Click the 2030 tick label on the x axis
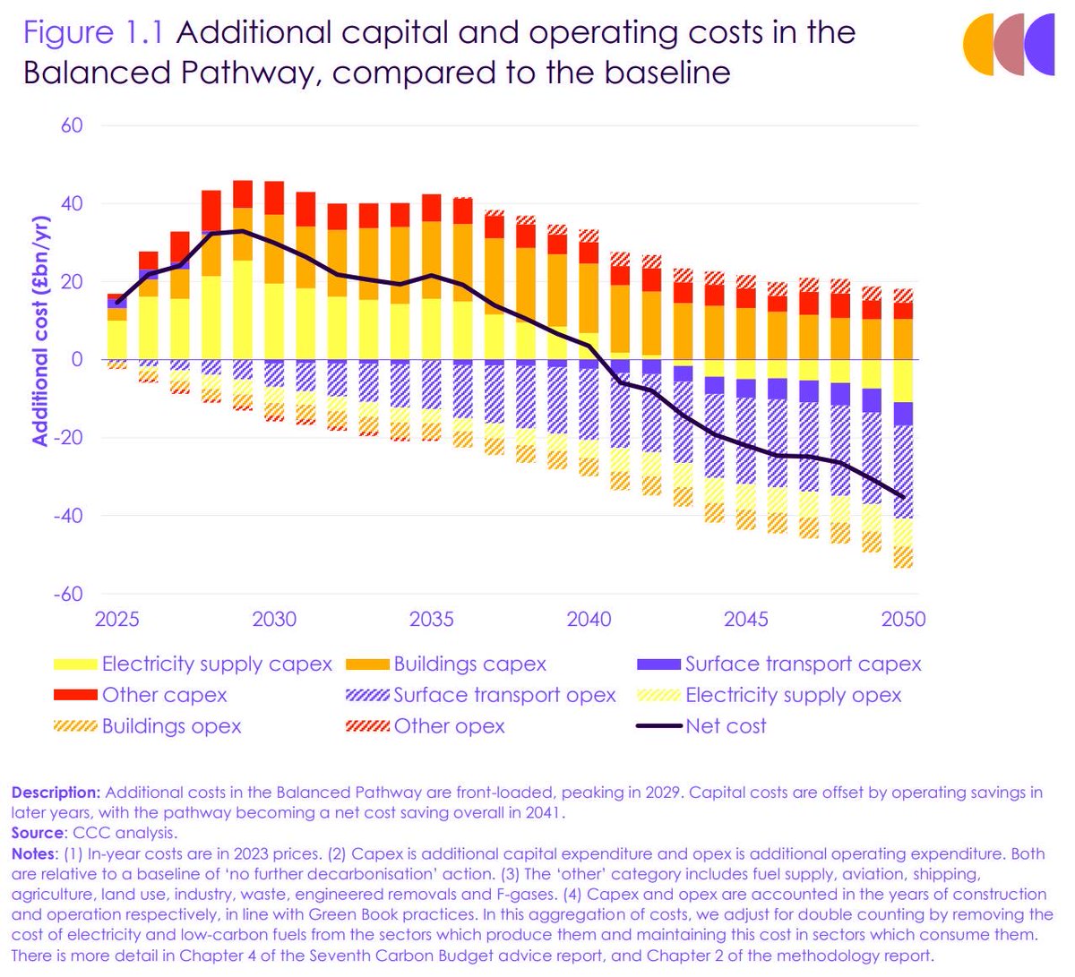point(274,619)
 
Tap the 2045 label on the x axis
point(746,619)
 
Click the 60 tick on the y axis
point(72,125)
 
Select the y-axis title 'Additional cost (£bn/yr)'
point(40,331)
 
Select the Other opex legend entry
point(449,726)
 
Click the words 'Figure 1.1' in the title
point(94,33)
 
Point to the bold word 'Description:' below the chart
point(56,793)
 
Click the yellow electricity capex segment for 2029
point(243,309)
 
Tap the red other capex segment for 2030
point(274,197)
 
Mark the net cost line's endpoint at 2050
point(903,498)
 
